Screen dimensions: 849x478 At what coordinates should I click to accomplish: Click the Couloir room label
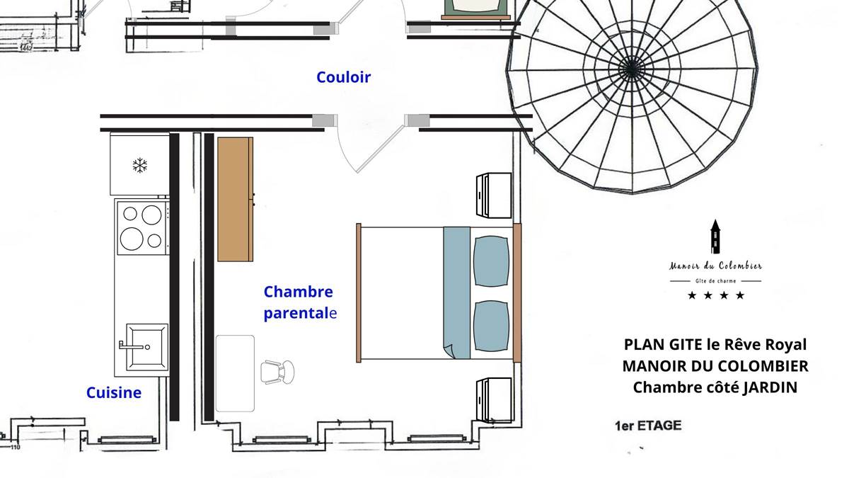point(343,77)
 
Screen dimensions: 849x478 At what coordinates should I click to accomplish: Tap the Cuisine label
point(114,392)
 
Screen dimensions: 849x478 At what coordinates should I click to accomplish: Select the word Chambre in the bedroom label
point(299,292)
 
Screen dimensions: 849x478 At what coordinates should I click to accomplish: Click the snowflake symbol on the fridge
point(140,166)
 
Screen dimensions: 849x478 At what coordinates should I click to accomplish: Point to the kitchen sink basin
point(146,347)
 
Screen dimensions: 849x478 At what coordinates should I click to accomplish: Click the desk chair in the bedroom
point(277,372)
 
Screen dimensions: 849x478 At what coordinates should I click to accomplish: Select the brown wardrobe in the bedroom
point(236,200)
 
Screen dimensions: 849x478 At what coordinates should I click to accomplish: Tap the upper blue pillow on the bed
point(491,261)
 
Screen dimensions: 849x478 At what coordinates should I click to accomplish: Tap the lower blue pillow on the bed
point(491,326)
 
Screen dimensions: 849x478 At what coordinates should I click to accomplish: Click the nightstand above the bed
point(494,195)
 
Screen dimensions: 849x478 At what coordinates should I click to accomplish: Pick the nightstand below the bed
point(494,399)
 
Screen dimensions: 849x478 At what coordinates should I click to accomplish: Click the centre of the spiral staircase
point(630,69)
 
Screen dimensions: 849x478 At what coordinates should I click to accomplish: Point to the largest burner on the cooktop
point(132,239)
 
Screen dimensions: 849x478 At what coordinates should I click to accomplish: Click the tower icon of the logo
point(715,237)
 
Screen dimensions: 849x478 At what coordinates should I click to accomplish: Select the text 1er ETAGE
point(648,426)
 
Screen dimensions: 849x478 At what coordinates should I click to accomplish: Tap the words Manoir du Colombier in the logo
point(715,266)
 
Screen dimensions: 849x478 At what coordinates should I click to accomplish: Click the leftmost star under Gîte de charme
point(692,295)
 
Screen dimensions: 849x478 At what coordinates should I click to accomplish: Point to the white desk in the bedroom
point(235,373)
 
